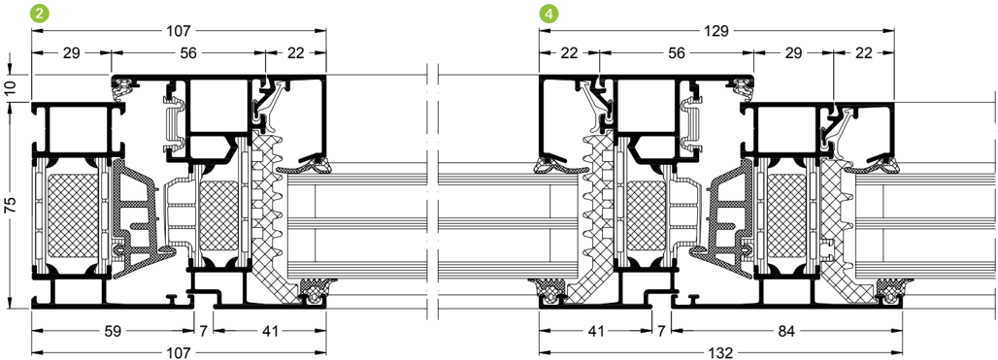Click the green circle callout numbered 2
[40, 14]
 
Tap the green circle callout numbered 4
[548, 14]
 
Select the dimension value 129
[715, 30]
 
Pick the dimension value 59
[113, 331]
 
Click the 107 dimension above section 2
[179, 30]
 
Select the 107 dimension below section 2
[179, 351]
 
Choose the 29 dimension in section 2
[71, 53]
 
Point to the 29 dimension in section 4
[793, 53]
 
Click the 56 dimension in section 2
[187, 53]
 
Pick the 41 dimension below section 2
[270, 331]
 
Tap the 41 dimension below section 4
[595, 331]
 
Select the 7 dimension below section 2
[204, 331]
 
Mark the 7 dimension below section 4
[661, 331]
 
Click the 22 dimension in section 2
[295, 53]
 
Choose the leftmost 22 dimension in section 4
[569, 53]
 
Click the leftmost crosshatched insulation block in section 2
[73, 218]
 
